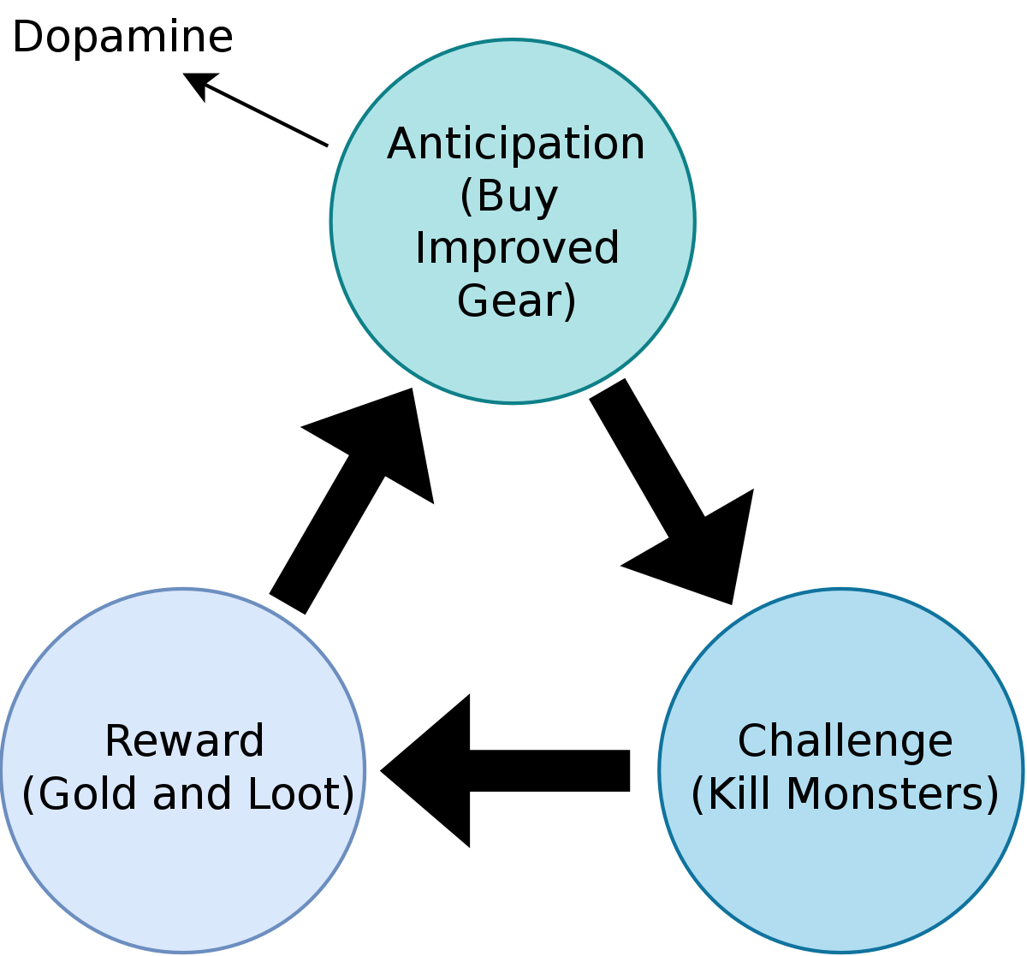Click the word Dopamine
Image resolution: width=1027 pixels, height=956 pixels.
[x=122, y=38]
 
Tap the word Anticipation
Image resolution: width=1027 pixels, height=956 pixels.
[x=515, y=144]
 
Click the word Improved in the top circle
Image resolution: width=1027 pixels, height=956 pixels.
[x=516, y=249]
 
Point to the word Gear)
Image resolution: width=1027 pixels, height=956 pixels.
[x=516, y=301]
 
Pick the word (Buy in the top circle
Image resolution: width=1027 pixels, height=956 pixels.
[x=509, y=197]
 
